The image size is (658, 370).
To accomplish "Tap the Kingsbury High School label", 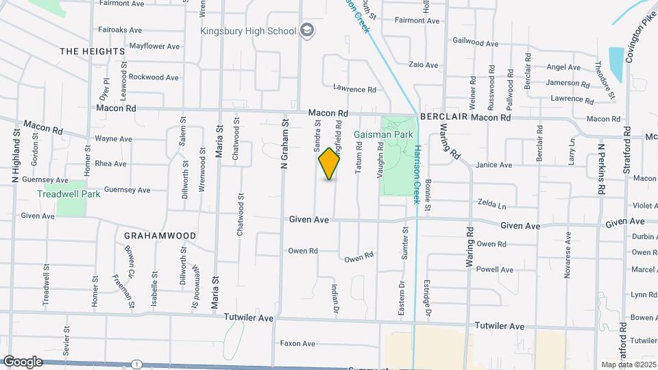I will click(x=247, y=31).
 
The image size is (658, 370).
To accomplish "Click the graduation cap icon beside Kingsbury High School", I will click(x=308, y=30).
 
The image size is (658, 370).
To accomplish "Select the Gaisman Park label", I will click(x=383, y=134).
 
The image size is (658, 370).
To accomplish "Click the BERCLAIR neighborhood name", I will click(x=443, y=117).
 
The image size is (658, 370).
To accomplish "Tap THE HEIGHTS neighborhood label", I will click(x=93, y=51).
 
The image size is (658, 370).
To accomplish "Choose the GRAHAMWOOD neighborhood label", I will click(x=160, y=235).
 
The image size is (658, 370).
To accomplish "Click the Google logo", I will click(x=22, y=361).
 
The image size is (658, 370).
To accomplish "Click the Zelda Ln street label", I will click(x=492, y=205).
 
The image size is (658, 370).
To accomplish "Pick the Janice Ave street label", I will click(x=494, y=165).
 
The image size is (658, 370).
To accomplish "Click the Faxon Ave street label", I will click(x=297, y=343).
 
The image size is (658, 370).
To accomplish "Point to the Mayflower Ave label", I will click(x=154, y=47).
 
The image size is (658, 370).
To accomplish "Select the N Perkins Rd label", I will click(x=601, y=170).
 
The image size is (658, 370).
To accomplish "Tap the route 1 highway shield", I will click(x=138, y=364).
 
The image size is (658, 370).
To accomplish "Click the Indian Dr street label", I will click(x=336, y=300).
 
